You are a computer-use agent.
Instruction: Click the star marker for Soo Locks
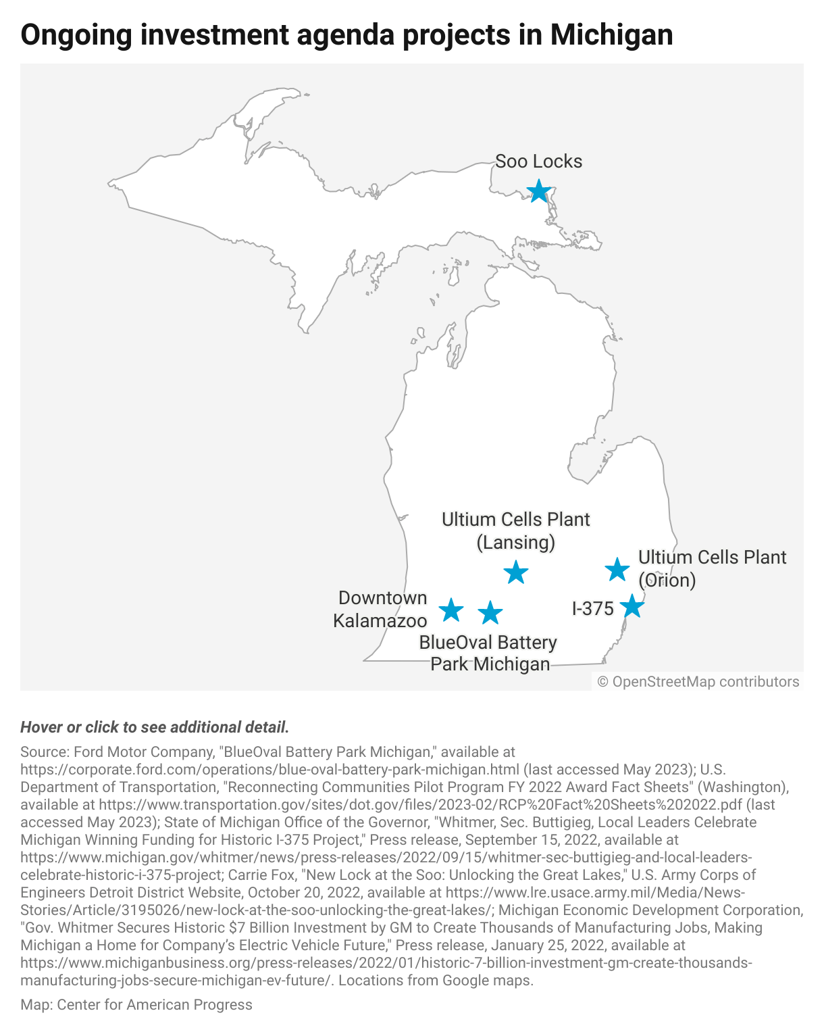pos(538,191)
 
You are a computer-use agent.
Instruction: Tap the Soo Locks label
pos(538,162)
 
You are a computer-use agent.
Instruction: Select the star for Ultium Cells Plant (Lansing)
pos(516,572)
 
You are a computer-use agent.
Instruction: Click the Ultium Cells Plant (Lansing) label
pos(516,531)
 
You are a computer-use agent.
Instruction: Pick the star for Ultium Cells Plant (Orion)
pos(617,570)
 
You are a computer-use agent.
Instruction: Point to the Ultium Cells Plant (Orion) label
pos(712,568)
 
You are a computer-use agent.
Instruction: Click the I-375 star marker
pos(632,606)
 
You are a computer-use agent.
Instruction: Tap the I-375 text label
pos(592,609)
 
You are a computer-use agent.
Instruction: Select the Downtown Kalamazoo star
pos(451,610)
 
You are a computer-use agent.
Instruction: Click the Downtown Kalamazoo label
pos(381,609)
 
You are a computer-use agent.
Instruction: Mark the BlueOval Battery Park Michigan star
pos(490,613)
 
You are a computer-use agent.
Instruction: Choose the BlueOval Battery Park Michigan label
pos(488,653)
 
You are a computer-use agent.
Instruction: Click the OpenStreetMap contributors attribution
pos(698,682)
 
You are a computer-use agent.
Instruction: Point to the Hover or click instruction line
pos(155,727)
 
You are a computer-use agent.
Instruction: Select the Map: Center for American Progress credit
pos(136,1005)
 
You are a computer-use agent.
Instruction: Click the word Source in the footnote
pos(44,752)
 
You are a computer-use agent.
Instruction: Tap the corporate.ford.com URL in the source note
pos(270,769)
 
